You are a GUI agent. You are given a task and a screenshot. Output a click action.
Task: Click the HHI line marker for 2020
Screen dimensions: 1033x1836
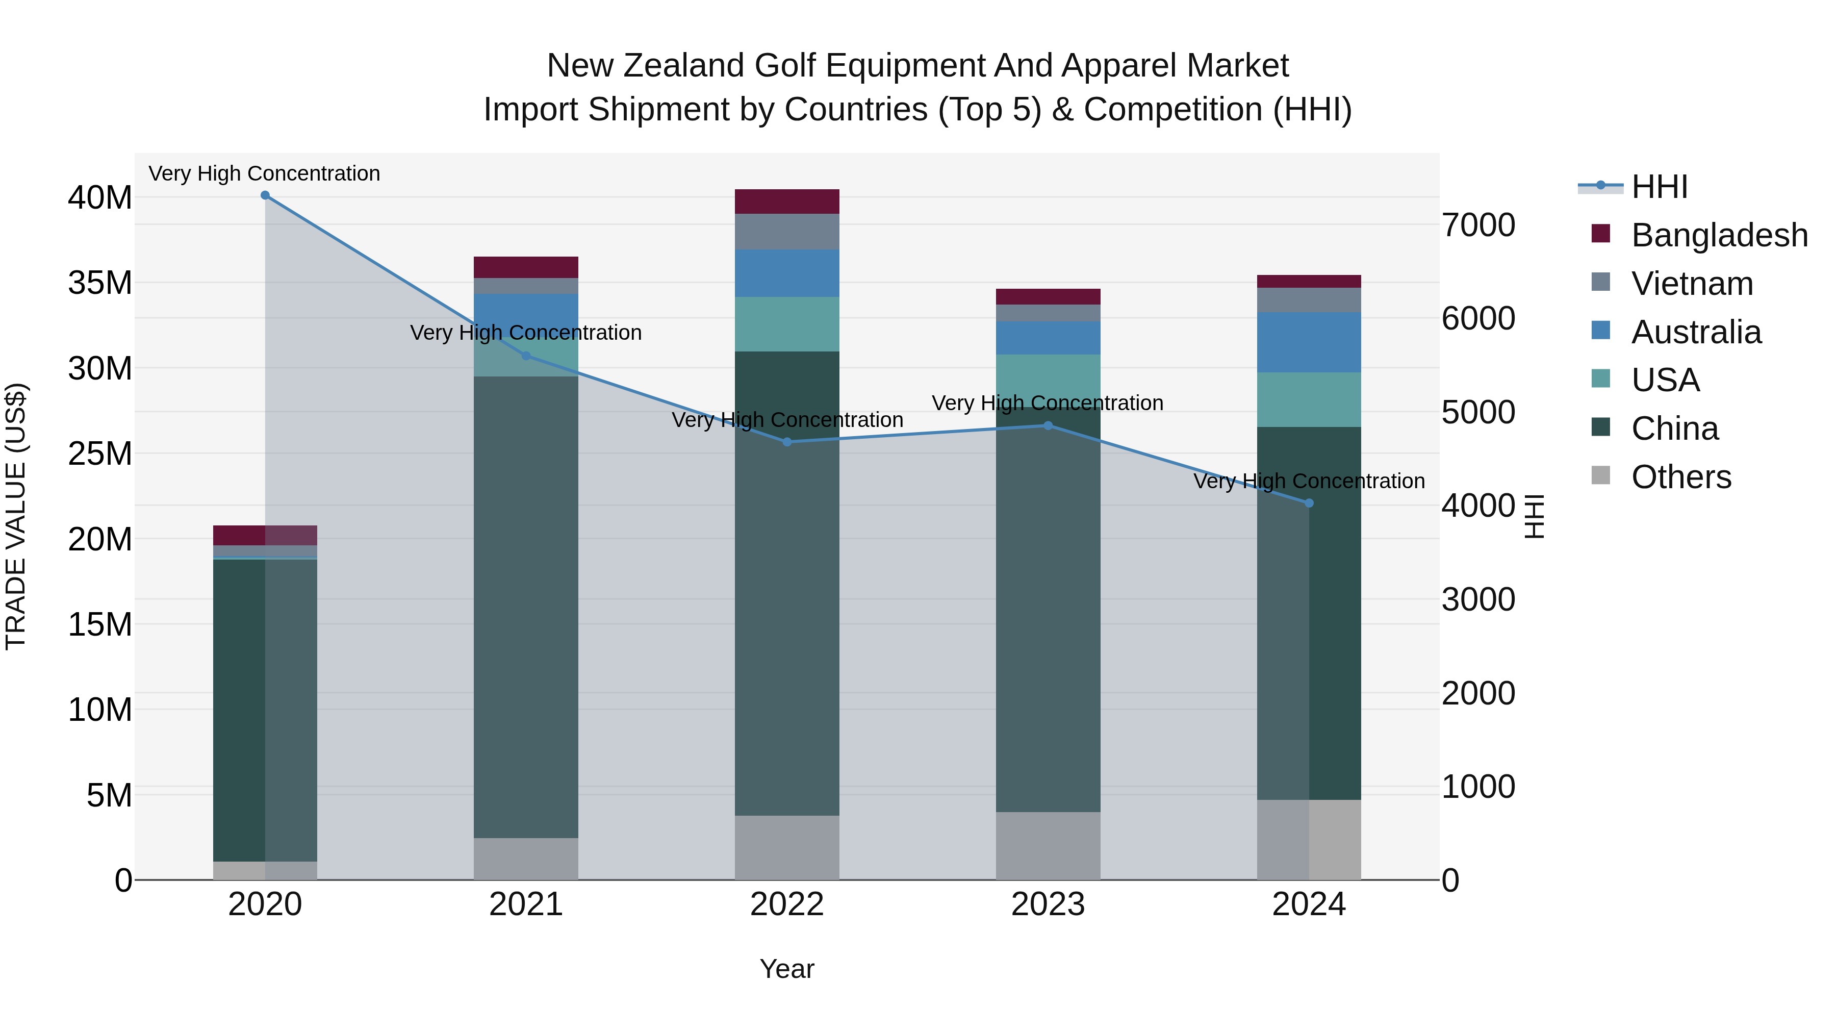pos(265,195)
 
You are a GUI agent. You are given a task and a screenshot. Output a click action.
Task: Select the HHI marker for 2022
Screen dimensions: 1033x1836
pos(787,442)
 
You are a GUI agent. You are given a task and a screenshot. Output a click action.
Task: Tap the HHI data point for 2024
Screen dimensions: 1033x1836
pos(1309,503)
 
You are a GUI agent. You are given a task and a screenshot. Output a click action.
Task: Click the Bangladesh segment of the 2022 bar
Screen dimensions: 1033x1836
pos(787,201)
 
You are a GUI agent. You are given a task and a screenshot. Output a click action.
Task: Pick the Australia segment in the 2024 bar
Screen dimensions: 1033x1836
pos(1309,342)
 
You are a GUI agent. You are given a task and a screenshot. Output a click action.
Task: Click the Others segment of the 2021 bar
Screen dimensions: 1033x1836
pos(526,859)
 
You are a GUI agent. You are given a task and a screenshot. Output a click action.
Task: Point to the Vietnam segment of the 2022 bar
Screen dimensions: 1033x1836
pos(787,232)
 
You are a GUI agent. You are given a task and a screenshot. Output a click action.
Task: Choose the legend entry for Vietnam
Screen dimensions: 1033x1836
pos(1691,284)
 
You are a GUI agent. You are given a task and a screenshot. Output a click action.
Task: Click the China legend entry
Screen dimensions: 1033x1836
pos(1674,429)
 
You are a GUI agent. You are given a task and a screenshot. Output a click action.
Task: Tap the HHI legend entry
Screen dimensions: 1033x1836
pos(1659,187)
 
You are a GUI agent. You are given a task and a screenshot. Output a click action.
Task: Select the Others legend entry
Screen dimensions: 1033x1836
pos(1680,477)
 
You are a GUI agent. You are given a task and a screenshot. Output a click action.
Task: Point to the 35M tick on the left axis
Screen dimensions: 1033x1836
pos(100,283)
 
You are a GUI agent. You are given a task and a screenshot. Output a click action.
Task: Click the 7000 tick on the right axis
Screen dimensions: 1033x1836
pos(1478,225)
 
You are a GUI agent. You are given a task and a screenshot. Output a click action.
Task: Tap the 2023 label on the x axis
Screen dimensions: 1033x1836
pos(1048,904)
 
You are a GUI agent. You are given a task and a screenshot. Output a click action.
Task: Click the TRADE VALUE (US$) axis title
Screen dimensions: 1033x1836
pos(16,516)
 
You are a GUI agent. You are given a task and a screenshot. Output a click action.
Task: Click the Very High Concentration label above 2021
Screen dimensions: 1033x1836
pos(526,333)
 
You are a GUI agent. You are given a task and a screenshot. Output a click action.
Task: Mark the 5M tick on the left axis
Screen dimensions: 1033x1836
pos(109,795)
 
